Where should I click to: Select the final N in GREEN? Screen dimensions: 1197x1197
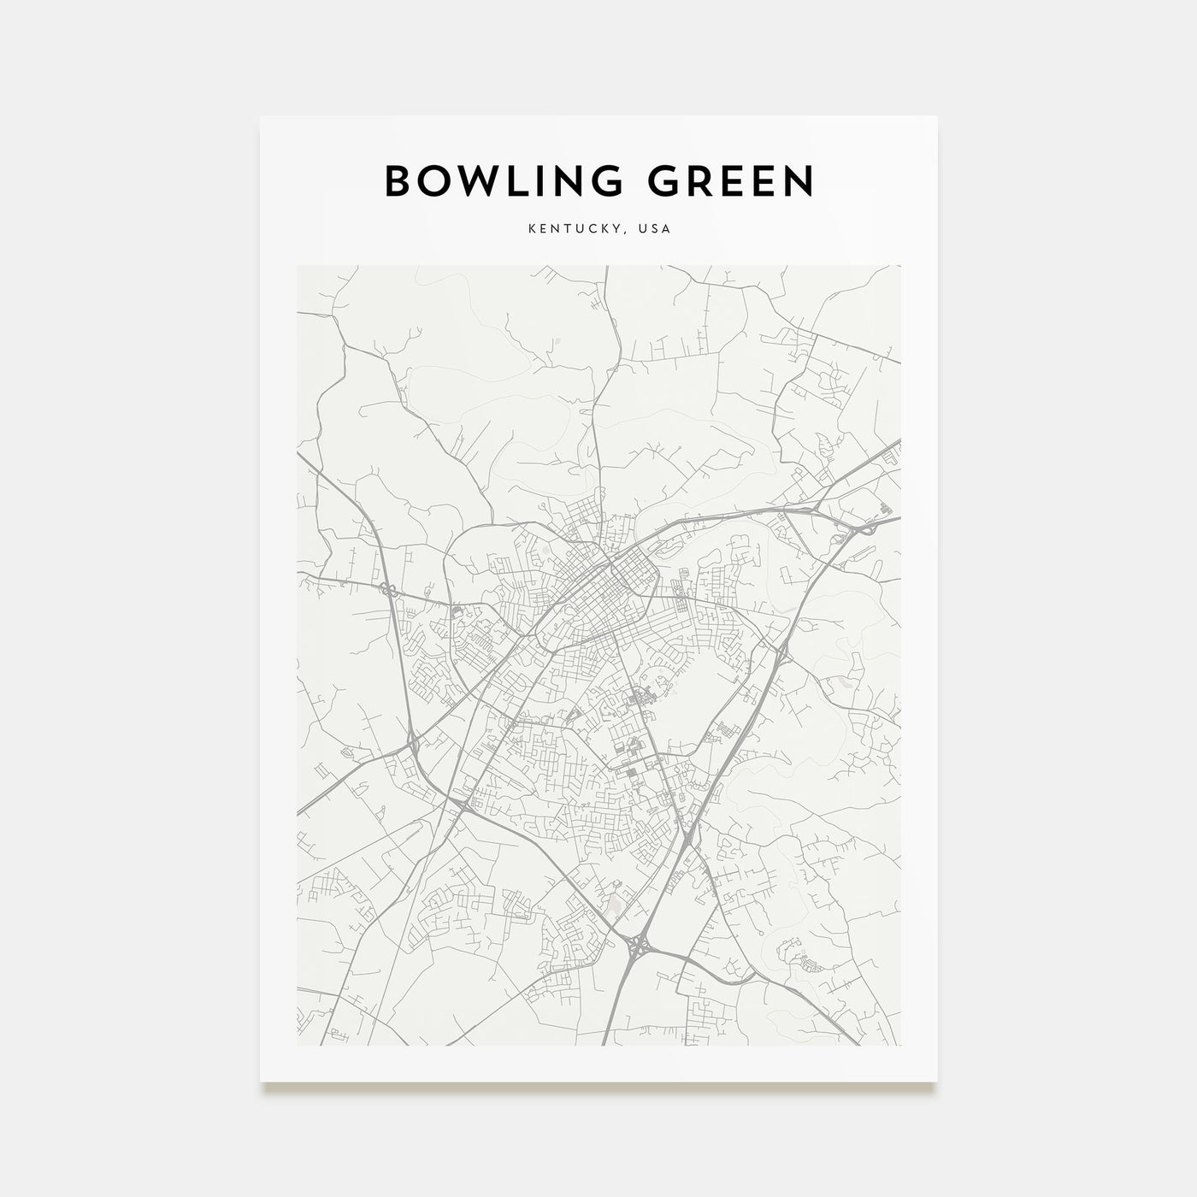[x=799, y=181]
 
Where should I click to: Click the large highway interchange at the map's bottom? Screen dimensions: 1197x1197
[x=639, y=946]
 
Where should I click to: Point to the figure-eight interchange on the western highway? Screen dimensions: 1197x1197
[x=386, y=589]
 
